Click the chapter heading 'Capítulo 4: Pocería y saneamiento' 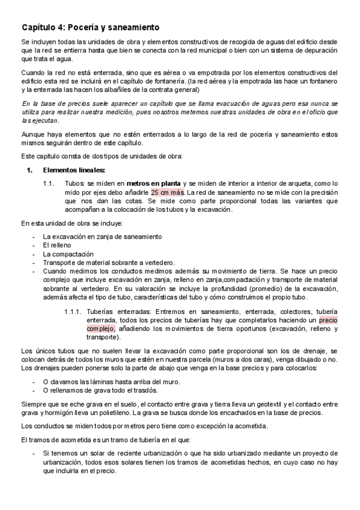[90, 27]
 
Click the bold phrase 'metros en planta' [153, 183]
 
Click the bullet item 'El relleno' [58, 245]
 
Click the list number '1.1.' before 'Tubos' [50, 183]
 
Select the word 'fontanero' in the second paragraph [320, 81]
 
